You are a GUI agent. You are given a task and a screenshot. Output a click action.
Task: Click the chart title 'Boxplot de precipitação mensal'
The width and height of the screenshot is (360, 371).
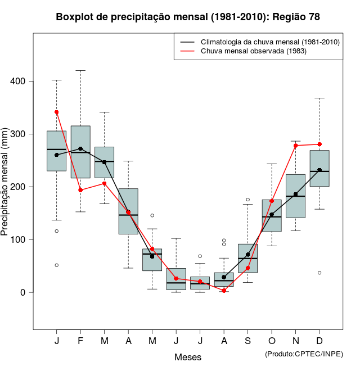pos(188,17)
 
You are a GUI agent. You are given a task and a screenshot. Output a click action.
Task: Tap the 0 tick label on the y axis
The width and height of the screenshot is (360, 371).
pos(23,292)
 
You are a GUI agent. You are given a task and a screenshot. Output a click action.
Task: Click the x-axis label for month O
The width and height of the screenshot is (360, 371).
pos(272,341)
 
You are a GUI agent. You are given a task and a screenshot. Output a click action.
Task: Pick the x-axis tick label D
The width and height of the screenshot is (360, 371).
pos(319,341)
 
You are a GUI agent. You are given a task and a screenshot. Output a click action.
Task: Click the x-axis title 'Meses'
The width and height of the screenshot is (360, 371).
pos(188,357)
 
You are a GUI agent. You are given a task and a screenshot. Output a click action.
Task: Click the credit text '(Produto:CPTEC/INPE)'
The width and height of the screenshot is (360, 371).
pos(304,354)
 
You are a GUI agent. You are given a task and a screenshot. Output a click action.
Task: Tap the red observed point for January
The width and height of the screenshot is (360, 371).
pos(57,112)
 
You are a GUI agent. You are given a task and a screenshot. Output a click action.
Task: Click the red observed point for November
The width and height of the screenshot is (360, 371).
pos(296,146)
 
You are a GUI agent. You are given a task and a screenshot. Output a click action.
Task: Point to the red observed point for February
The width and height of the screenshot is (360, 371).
pos(80,190)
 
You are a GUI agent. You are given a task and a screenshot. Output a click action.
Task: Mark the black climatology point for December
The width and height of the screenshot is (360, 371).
pos(319,170)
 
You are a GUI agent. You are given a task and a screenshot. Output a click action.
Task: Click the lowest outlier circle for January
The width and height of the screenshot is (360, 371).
pos(57,265)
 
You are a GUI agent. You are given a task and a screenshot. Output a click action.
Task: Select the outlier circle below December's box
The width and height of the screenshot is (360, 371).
pos(319,273)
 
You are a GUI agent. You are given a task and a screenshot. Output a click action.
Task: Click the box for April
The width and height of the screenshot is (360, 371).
pos(128,211)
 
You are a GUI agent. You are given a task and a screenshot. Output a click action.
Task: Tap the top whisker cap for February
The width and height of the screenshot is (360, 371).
pos(80,71)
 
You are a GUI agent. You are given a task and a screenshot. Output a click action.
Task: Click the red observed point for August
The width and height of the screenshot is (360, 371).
pos(224,291)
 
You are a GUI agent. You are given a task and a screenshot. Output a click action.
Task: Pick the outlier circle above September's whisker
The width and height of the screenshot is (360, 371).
pos(248,200)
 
